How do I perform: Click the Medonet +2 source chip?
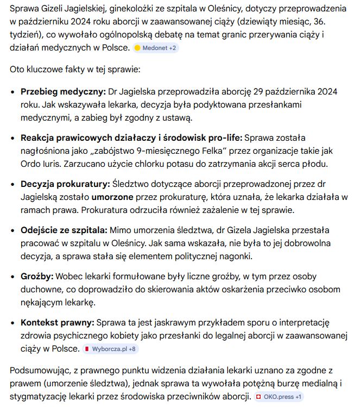tap(155, 48)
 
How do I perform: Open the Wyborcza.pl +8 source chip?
tap(110, 348)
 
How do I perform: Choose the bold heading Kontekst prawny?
tap(57, 323)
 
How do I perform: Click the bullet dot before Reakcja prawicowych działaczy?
tap(12, 138)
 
